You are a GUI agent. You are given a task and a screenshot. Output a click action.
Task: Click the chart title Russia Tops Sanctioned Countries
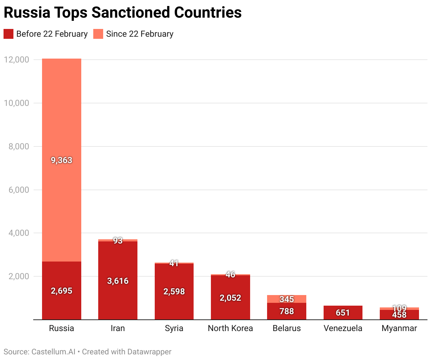pyautogui.click(x=123, y=13)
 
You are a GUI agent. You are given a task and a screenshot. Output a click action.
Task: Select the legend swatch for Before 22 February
pyautogui.click(x=8, y=34)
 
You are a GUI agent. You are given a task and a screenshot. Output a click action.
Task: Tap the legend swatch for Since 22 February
pyautogui.click(x=98, y=34)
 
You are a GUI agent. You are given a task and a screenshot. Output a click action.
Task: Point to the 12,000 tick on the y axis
pyautogui.click(x=16, y=60)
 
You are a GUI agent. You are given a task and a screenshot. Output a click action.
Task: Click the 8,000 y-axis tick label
pyautogui.click(x=19, y=146)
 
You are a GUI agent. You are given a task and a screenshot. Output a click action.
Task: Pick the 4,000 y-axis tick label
pyautogui.click(x=19, y=233)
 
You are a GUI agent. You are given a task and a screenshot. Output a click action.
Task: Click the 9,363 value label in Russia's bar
pyautogui.click(x=61, y=160)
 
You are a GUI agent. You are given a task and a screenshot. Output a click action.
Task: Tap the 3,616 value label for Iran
pyautogui.click(x=118, y=281)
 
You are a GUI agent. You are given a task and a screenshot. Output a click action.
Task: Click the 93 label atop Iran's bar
pyautogui.click(x=118, y=241)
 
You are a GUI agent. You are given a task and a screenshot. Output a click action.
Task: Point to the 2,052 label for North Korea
pyautogui.click(x=230, y=298)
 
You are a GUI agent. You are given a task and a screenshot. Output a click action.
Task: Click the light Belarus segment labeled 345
pyautogui.click(x=287, y=299)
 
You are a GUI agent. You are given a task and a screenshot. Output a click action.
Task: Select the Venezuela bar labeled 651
pyautogui.click(x=343, y=313)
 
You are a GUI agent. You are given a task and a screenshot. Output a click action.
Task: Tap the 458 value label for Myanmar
pyautogui.click(x=399, y=315)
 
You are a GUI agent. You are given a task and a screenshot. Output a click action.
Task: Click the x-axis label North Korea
pyautogui.click(x=230, y=328)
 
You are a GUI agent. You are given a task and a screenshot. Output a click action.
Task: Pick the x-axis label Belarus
pyautogui.click(x=287, y=328)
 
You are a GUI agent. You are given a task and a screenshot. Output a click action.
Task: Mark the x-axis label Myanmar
pyautogui.click(x=399, y=328)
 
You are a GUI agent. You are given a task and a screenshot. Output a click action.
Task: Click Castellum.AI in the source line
pyautogui.click(x=53, y=352)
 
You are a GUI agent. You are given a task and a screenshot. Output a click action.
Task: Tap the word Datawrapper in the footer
pyautogui.click(x=149, y=352)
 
